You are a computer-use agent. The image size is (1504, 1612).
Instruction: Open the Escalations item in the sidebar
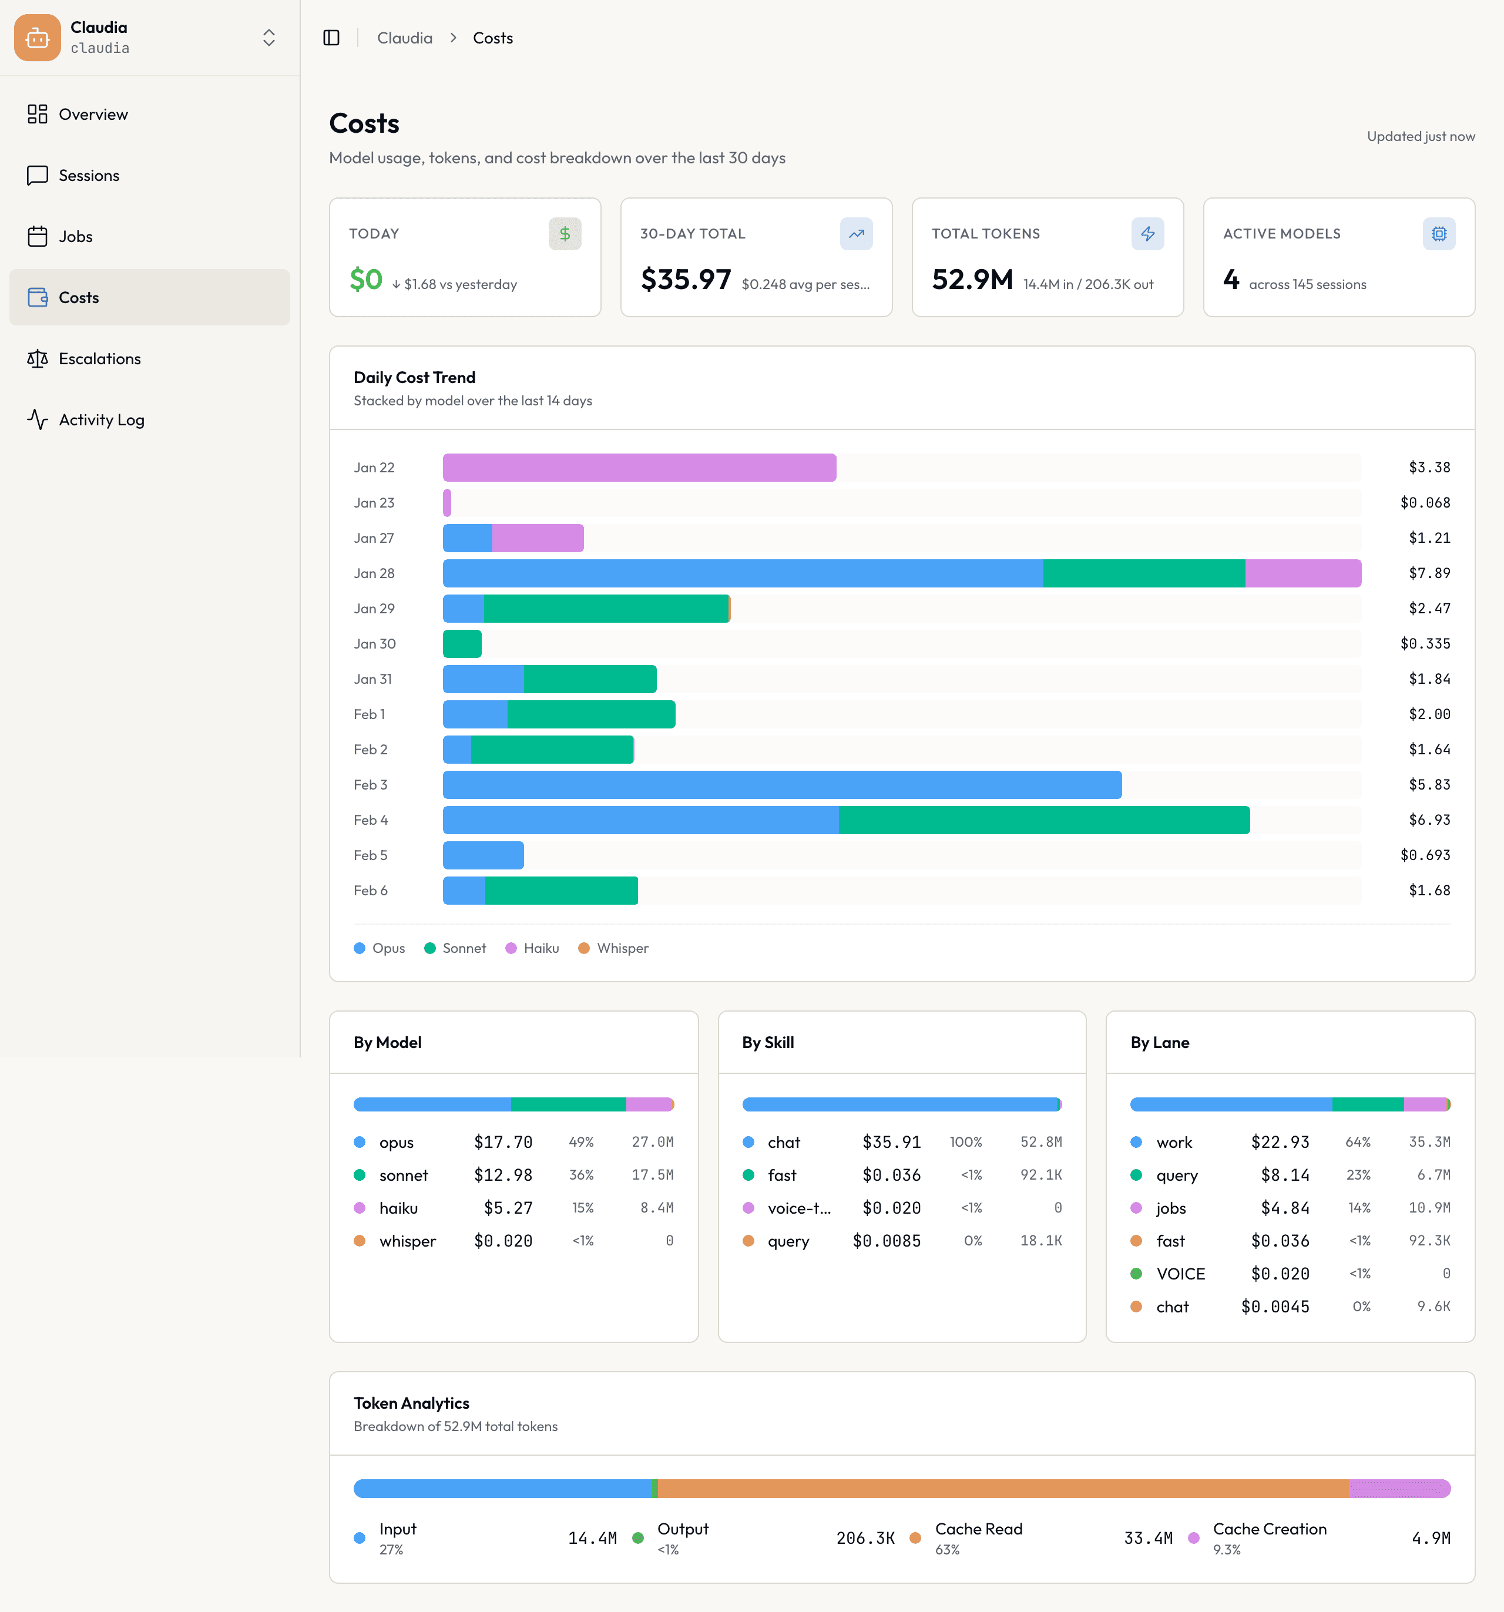point(99,358)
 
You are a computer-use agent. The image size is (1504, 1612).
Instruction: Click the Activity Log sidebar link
point(102,419)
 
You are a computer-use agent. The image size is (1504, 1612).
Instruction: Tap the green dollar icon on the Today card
point(565,234)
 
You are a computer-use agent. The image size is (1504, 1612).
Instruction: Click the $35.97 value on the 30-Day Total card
point(685,280)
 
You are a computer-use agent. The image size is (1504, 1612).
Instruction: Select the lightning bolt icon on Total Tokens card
point(1147,234)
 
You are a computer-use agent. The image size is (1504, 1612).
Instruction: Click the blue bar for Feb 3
point(781,785)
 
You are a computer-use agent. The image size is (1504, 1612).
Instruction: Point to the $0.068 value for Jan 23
point(1425,503)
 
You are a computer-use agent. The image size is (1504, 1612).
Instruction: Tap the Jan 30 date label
point(375,644)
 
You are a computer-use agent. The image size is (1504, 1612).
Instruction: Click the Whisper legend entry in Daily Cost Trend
point(614,948)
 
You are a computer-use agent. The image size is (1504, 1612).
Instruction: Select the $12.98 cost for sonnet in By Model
point(503,1175)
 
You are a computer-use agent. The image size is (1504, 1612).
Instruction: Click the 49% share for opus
point(580,1141)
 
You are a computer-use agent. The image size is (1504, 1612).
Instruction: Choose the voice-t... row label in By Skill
point(798,1208)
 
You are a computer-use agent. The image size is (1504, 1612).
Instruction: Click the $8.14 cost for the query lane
point(1284,1175)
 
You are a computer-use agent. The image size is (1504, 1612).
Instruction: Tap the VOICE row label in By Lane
point(1180,1274)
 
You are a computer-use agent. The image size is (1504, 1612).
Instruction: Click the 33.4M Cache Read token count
point(1147,1538)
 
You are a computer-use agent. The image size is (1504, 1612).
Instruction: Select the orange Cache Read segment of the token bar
point(1002,1489)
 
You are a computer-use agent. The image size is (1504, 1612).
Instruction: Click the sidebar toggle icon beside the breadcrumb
point(331,38)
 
